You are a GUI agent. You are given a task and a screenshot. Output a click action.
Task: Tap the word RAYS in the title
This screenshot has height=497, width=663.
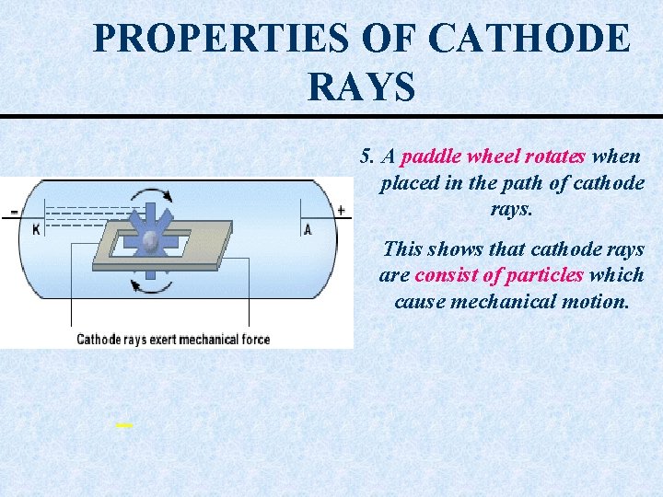coord(361,87)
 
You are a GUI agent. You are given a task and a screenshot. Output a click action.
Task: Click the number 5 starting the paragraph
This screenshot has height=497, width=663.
coord(366,156)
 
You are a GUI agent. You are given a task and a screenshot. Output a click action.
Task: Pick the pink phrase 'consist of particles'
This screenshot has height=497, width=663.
coord(499,274)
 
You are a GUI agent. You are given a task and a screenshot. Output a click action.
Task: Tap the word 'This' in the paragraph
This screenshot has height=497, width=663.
coord(402,248)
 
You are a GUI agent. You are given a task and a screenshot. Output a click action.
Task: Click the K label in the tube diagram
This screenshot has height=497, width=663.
coord(36,229)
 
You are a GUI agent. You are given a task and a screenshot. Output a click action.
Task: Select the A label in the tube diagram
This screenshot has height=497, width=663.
coord(308,229)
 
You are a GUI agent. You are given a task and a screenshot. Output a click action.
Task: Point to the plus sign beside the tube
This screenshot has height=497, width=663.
coord(341,211)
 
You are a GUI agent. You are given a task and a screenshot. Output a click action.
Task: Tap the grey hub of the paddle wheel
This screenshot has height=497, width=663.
coord(151,242)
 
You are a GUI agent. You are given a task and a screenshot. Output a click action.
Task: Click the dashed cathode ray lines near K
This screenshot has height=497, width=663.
coord(83,215)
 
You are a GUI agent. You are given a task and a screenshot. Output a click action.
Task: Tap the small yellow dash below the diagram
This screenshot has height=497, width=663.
coord(124,425)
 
